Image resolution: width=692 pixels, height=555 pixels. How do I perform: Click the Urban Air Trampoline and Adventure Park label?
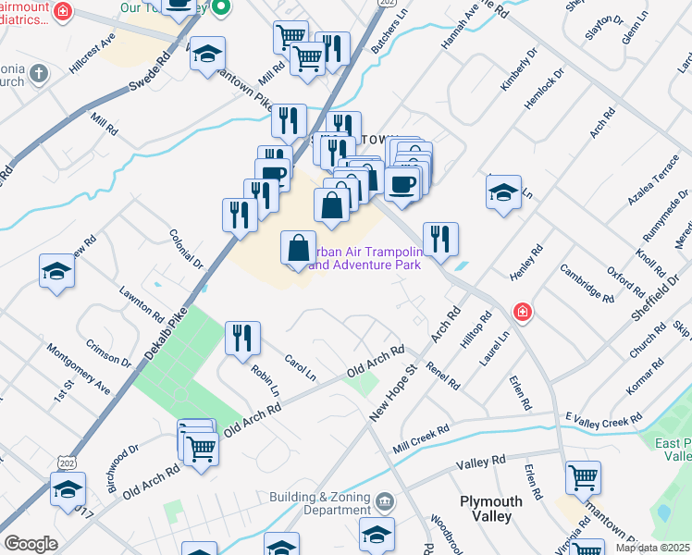click(366, 258)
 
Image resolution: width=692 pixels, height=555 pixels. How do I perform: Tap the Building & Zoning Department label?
click(319, 503)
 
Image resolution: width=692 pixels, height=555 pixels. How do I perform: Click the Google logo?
click(31, 544)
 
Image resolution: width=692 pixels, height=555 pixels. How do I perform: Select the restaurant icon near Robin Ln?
click(242, 338)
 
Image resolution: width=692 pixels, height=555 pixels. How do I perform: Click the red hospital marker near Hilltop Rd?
click(523, 312)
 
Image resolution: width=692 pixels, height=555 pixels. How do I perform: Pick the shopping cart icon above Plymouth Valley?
click(583, 478)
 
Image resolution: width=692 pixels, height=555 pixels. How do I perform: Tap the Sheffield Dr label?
click(653, 292)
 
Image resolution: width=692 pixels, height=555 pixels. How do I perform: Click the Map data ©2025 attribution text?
click(652, 548)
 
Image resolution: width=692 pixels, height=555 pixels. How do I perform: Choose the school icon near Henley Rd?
click(503, 192)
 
